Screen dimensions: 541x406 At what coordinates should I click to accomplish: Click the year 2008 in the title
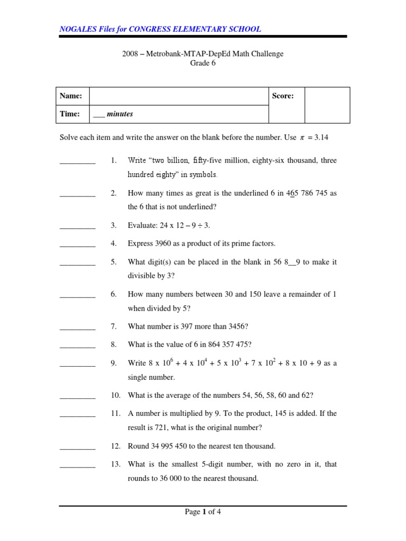pos(131,54)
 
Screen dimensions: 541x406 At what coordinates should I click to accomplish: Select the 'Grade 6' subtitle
pos(203,63)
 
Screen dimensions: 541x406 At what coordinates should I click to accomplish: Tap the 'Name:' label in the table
pos(71,96)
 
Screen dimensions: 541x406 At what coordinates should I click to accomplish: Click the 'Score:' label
pos(283,96)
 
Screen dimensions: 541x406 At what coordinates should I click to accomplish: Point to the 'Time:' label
pos(70,114)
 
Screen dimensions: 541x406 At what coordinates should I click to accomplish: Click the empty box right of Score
pos(327,105)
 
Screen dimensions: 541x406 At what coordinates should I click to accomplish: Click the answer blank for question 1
pos(78,161)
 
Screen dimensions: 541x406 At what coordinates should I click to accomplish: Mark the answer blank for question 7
pos(78,327)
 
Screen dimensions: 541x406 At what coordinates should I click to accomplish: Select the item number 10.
pos(116,395)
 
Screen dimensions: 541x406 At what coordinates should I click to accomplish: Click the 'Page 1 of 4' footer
pos(202,511)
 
